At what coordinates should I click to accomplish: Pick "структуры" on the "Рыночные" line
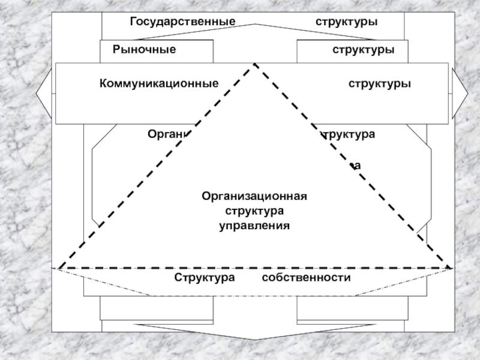tap(364, 50)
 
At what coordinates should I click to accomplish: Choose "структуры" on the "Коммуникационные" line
tap(380, 84)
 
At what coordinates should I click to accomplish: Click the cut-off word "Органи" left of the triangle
tap(168, 134)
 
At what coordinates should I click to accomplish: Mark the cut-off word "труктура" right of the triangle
tap(349, 134)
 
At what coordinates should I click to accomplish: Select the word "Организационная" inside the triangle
tap(255, 196)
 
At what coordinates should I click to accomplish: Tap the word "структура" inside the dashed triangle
tap(255, 211)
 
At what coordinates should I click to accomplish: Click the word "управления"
tap(255, 226)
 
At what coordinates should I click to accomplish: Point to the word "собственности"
tap(306, 278)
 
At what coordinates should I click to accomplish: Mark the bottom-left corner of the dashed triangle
tap(59, 268)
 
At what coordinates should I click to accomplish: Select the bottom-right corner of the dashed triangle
tap(451, 268)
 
